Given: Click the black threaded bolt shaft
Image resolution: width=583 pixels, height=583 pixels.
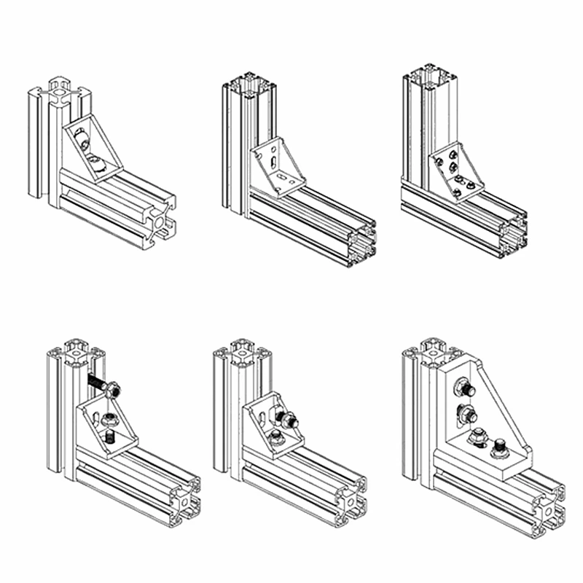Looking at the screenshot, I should [98, 381].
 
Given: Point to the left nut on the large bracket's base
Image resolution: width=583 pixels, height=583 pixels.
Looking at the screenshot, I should [476, 437].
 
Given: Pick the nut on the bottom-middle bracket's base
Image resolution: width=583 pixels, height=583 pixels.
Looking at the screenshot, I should [276, 437].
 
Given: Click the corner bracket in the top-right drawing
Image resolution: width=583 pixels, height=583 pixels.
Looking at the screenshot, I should [455, 172].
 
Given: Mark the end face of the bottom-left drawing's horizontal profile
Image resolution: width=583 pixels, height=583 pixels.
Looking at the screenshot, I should [185, 501].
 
